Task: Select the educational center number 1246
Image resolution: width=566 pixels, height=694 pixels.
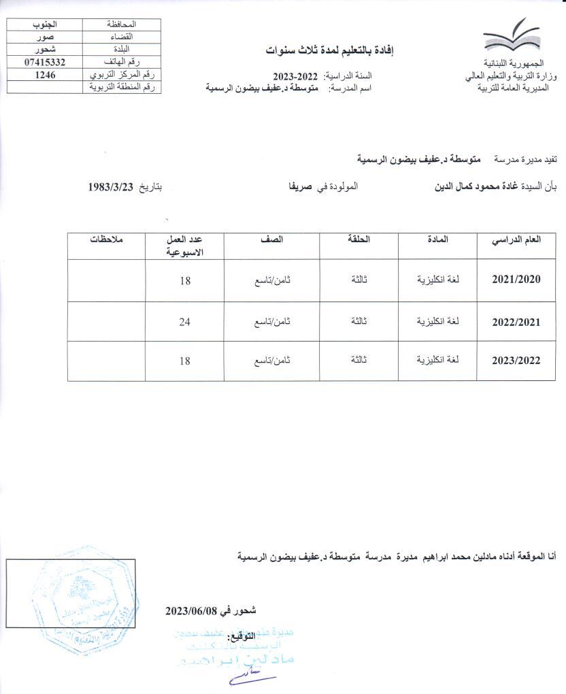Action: [44, 74]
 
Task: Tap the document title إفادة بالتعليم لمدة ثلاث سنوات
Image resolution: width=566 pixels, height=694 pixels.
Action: [331, 51]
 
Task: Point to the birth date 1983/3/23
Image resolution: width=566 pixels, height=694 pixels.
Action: [112, 186]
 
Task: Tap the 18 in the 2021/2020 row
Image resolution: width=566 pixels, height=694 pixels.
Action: [185, 279]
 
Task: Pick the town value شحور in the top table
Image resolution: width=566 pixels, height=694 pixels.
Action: [44, 50]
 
